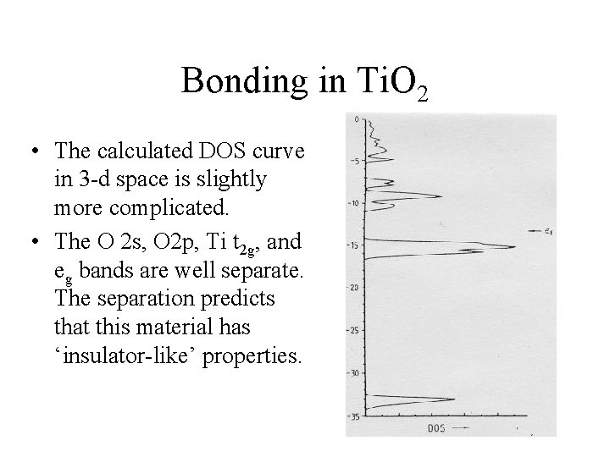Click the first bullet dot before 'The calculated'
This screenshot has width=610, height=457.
coord(30,152)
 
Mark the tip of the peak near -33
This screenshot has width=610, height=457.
coord(457,400)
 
